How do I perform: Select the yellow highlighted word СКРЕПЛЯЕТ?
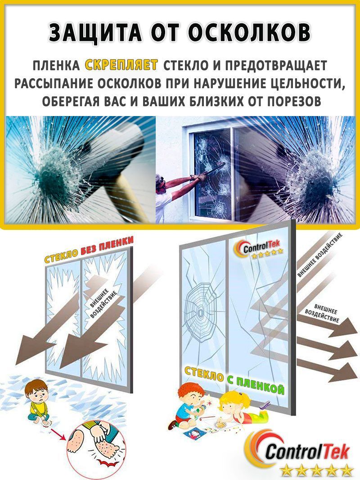point(121,65)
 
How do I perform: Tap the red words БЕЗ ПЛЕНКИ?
point(107,248)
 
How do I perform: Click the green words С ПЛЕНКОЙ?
point(256,383)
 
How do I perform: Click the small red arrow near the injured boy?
point(59,435)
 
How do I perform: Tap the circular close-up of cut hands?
point(97,450)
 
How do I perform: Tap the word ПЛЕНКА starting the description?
point(56,65)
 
